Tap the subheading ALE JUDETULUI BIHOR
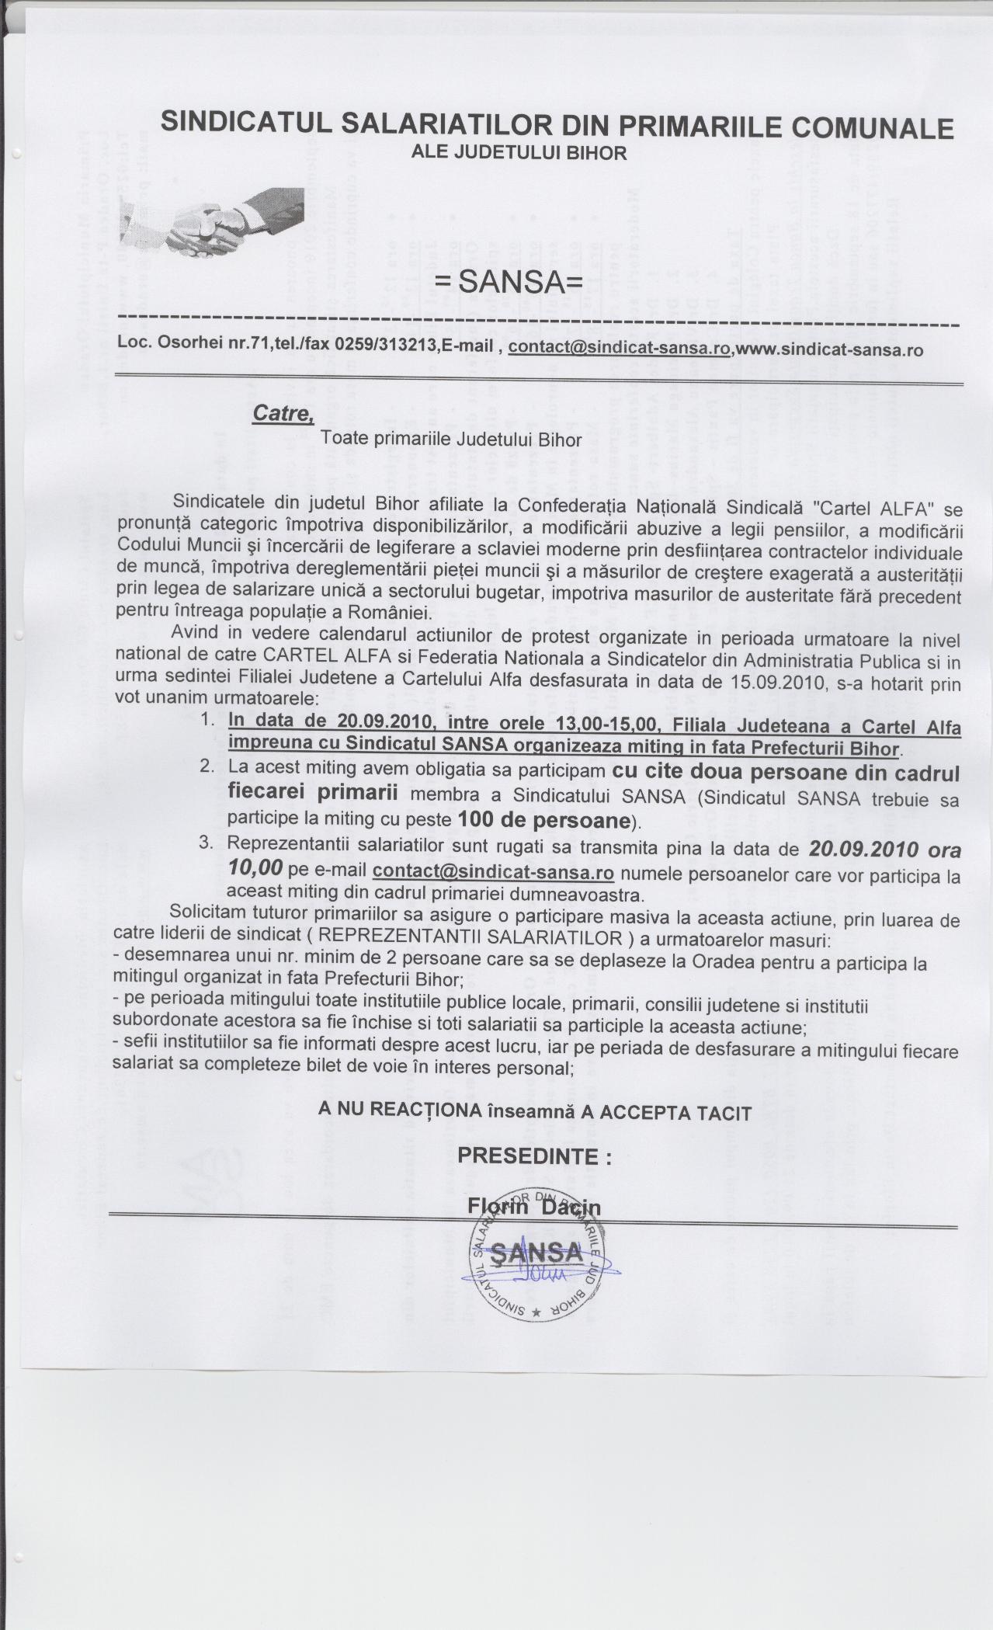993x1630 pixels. pos(519,152)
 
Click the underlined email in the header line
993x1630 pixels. pos(620,347)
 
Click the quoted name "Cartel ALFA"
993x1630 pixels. pos(869,508)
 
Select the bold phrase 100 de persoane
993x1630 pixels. pos(543,820)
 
